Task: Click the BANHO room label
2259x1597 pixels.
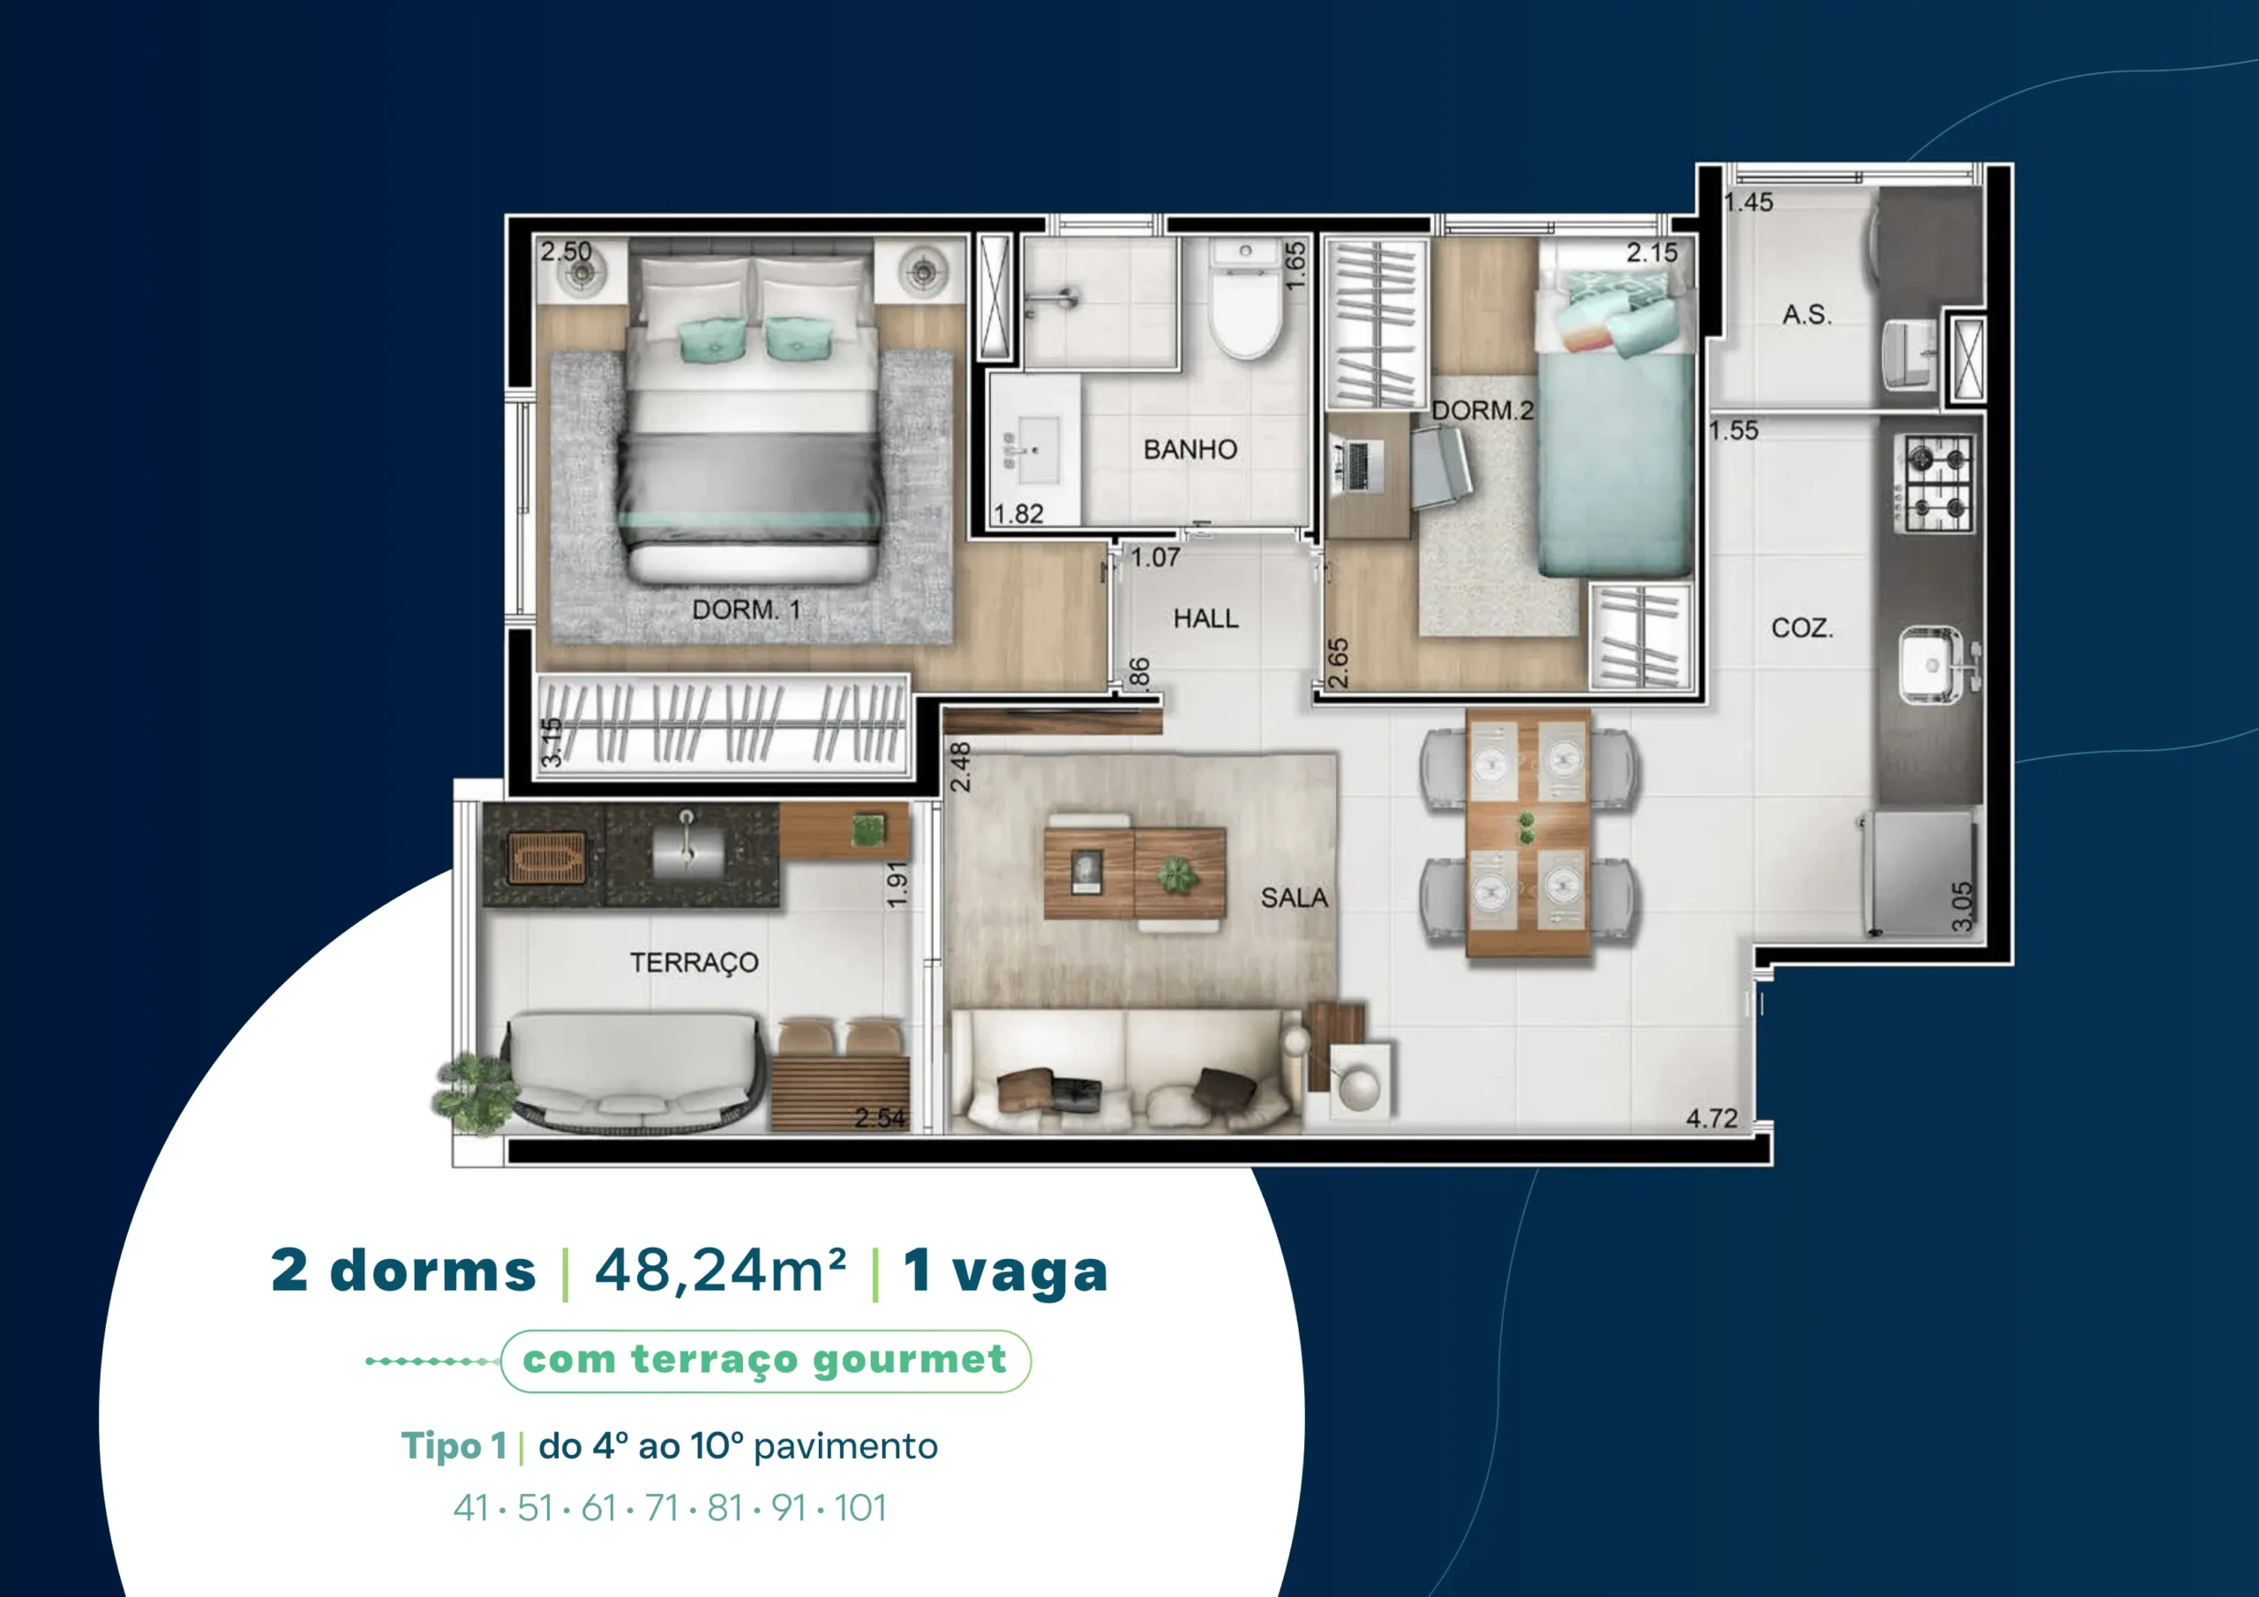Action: (1190, 450)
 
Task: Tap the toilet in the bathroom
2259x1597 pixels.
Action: (1246, 298)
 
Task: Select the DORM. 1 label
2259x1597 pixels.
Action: (747, 610)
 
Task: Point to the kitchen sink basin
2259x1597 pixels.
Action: (1933, 665)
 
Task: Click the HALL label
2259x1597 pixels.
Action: (1206, 619)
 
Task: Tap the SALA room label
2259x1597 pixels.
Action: (1295, 897)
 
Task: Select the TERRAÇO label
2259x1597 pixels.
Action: (694, 963)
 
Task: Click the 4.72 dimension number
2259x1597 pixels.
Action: (1712, 1119)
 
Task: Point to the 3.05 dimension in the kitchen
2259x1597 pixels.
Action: (1962, 906)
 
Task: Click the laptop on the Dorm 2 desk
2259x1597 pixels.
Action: (1357, 465)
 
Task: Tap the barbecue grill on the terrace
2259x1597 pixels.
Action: (546, 858)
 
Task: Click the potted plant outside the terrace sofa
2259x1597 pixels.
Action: (474, 1091)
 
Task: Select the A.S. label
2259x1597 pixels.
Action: (1807, 315)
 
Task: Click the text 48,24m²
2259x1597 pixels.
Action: (720, 1271)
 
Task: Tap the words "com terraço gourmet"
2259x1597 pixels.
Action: (764, 1360)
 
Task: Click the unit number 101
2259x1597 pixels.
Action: (861, 1509)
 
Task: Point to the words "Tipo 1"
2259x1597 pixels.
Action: (454, 1446)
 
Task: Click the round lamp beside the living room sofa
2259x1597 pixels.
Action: (1360, 1087)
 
